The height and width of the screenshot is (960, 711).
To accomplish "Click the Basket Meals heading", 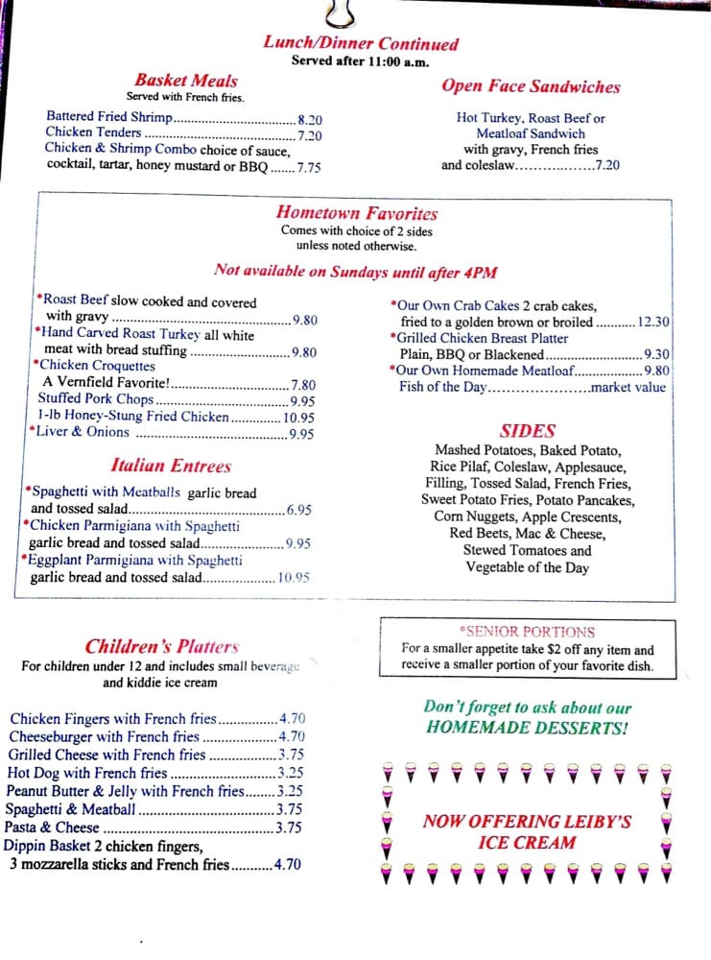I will (x=185, y=81).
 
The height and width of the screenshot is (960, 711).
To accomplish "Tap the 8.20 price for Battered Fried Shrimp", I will (x=310, y=119).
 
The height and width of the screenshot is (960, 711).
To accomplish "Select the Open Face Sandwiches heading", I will (x=531, y=86).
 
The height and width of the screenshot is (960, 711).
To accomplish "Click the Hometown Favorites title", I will (x=356, y=213).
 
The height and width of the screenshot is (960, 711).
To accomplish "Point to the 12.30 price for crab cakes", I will (x=653, y=323).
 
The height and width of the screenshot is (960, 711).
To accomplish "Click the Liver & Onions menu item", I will (x=83, y=432).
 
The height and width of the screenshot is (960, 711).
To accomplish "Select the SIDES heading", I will (x=527, y=431).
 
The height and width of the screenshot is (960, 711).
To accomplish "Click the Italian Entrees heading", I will (x=171, y=466).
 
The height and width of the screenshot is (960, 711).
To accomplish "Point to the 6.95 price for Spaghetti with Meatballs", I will (x=298, y=510).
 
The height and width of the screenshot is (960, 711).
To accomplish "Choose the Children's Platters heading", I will (x=161, y=646).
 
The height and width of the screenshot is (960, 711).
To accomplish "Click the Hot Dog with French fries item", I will (x=87, y=773).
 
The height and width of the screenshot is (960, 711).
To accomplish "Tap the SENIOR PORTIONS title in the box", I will (x=528, y=632).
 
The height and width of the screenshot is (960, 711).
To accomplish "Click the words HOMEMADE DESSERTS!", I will (x=527, y=728).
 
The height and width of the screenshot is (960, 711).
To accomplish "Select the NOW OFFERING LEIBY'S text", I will (x=527, y=822).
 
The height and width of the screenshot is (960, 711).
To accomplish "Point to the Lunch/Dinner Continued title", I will (x=361, y=43).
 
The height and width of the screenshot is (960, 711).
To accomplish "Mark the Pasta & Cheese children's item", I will (x=52, y=828).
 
